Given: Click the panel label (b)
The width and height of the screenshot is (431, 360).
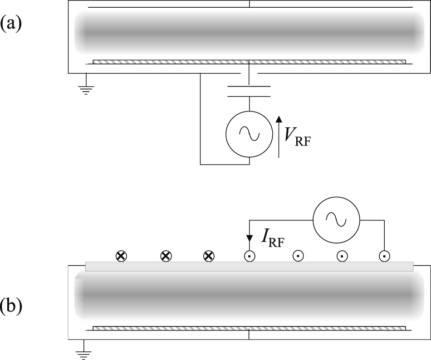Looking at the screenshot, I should (x=11, y=306).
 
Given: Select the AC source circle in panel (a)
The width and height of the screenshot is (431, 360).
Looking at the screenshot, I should (x=249, y=134).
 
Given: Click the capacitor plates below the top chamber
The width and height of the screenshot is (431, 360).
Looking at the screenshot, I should (x=249, y=90).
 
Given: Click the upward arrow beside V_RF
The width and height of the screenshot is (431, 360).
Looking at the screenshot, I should (x=279, y=136).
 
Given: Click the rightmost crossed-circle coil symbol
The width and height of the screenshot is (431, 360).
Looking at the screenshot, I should (x=208, y=256).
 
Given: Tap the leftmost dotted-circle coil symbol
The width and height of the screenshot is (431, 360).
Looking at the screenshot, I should (x=249, y=256).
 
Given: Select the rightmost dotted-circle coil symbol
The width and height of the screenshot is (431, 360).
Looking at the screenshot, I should (x=384, y=256).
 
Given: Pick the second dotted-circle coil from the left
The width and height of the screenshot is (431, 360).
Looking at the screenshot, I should (x=297, y=256).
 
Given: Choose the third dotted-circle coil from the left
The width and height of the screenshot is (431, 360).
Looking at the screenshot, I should (x=341, y=256).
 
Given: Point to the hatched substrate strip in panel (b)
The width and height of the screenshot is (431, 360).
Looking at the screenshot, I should (x=249, y=327).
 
